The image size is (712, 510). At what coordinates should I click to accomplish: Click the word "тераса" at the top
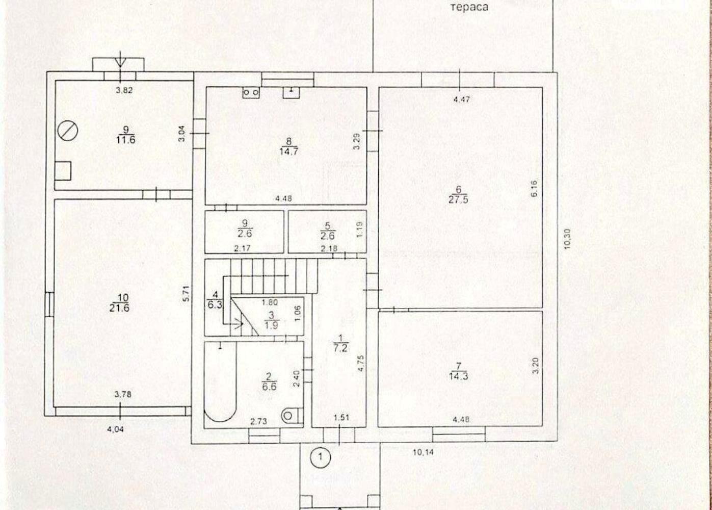click(469, 7)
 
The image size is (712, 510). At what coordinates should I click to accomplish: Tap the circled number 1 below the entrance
click(321, 457)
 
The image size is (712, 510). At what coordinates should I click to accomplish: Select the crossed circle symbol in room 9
click(68, 131)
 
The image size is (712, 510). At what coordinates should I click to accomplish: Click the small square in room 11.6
click(63, 171)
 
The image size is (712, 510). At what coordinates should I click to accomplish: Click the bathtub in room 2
click(220, 382)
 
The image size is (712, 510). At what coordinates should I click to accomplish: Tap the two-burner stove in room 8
click(251, 92)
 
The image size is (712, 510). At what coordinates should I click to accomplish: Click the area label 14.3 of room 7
click(458, 376)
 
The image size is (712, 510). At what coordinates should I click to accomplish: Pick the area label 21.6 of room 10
click(119, 308)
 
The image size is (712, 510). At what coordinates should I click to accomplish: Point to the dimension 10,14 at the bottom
click(423, 452)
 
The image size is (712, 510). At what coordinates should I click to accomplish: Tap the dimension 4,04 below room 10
click(115, 429)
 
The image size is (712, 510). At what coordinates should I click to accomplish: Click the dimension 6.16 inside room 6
click(534, 188)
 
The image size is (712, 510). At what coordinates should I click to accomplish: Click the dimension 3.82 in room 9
click(124, 90)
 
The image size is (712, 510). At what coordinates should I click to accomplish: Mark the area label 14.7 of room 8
click(288, 151)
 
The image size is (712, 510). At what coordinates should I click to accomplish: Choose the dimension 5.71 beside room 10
click(187, 293)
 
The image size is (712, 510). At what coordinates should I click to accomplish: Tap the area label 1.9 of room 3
click(272, 325)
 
